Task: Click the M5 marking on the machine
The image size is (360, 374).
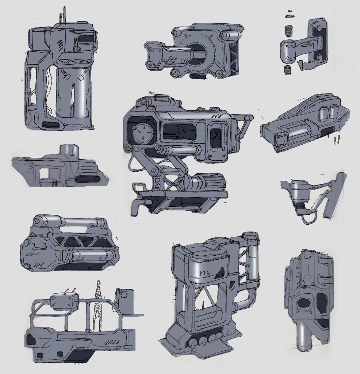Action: click(x=205, y=274)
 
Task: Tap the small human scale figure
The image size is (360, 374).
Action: click(x=98, y=305)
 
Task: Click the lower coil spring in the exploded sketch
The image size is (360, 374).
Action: click(x=288, y=70)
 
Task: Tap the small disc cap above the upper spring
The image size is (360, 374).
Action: click(x=290, y=16)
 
